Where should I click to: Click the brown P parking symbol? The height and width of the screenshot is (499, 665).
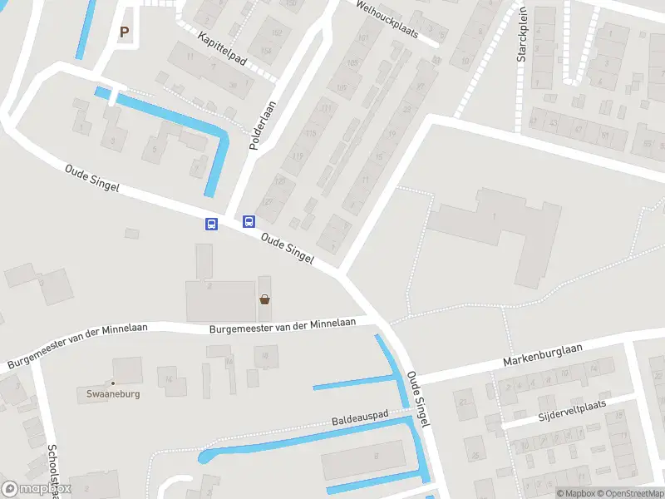click(x=125, y=32)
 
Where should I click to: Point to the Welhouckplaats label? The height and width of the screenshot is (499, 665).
click(x=383, y=16)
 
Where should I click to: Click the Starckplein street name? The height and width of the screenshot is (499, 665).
click(x=523, y=42)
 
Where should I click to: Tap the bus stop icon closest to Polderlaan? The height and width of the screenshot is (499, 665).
click(x=249, y=221)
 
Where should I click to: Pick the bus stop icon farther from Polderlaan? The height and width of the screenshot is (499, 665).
click(x=211, y=224)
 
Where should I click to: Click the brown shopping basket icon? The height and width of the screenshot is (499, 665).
click(x=264, y=300)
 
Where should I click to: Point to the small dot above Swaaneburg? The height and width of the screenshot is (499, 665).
click(x=113, y=383)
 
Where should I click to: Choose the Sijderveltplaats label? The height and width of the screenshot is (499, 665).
click(x=572, y=409)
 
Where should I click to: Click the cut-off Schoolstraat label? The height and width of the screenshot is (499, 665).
click(x=53, y=469)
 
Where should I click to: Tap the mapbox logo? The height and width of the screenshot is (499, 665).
click(x=37, y=489)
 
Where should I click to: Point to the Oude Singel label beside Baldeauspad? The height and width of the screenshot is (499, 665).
click(x=417, y=399)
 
